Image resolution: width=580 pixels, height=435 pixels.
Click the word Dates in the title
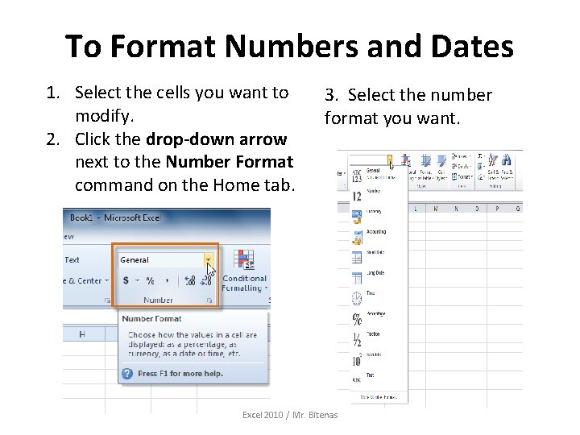click(466, 47)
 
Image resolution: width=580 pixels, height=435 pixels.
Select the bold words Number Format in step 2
click(229, 162)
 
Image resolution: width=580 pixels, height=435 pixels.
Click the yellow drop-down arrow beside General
click(209, 259)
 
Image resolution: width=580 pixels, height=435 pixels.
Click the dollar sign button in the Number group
click(126, 280)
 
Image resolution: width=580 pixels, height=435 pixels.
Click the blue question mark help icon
click(127, 373)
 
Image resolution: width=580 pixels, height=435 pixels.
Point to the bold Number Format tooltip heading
click(152, 319)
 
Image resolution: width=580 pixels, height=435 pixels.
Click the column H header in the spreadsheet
click(82, 333)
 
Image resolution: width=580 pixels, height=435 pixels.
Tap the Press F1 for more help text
click(180, 374)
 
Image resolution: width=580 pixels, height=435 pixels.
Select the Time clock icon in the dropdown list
click(356, 298)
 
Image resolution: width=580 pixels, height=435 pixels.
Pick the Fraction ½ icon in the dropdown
click(356, 340)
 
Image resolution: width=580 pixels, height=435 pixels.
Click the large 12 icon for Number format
click(356, 196)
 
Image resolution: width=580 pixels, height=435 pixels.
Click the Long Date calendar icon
click(356, 277)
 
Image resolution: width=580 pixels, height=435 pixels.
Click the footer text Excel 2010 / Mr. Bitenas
click(290, 415)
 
